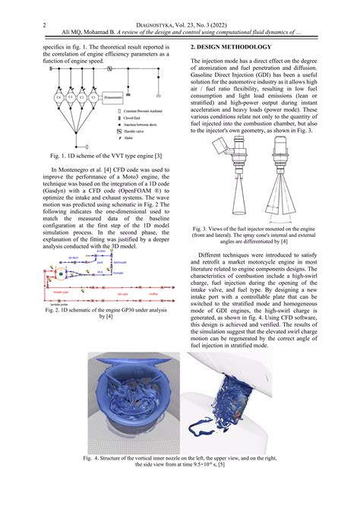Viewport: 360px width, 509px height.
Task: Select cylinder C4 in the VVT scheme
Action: [x=58, y=98]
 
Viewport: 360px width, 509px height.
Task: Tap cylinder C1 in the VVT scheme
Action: [x=93, y=98]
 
